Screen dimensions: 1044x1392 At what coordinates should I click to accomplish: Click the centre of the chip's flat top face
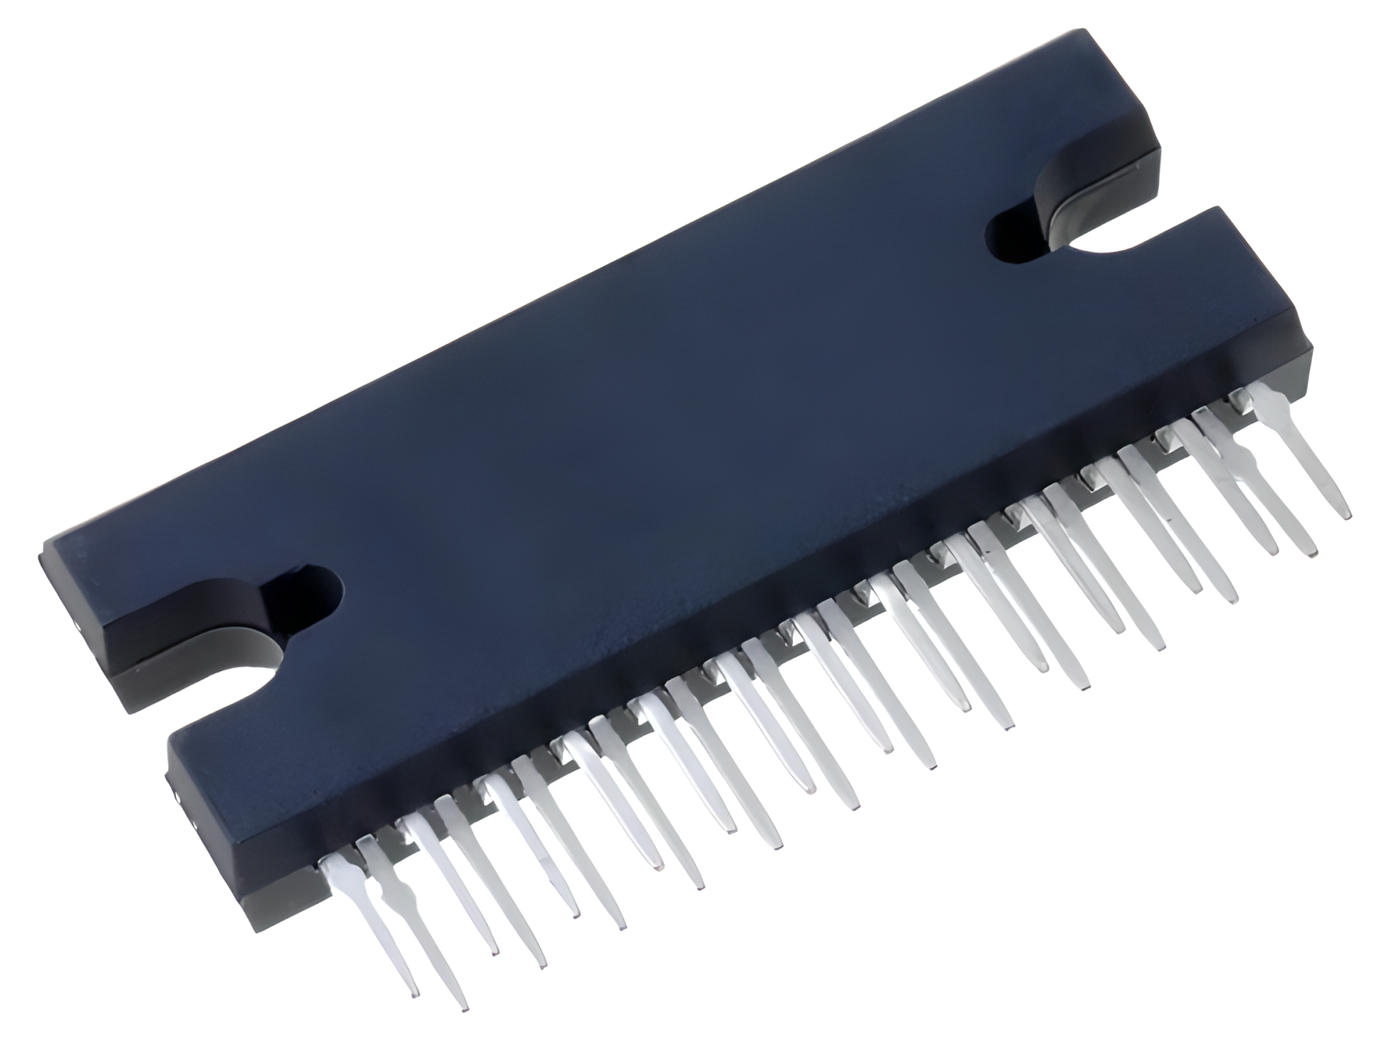tap(652, 406)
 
